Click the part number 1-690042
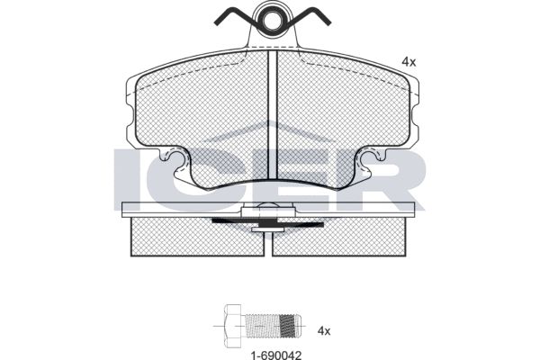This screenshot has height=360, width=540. coord(276,355)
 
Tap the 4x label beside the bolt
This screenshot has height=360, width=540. coord(324,331)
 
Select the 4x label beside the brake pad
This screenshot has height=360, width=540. coord(409,62)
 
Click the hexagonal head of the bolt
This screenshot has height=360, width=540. coord(233,326)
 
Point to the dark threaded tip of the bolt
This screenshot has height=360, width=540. coord(289,326)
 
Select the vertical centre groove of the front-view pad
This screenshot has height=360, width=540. coord(273,115)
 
